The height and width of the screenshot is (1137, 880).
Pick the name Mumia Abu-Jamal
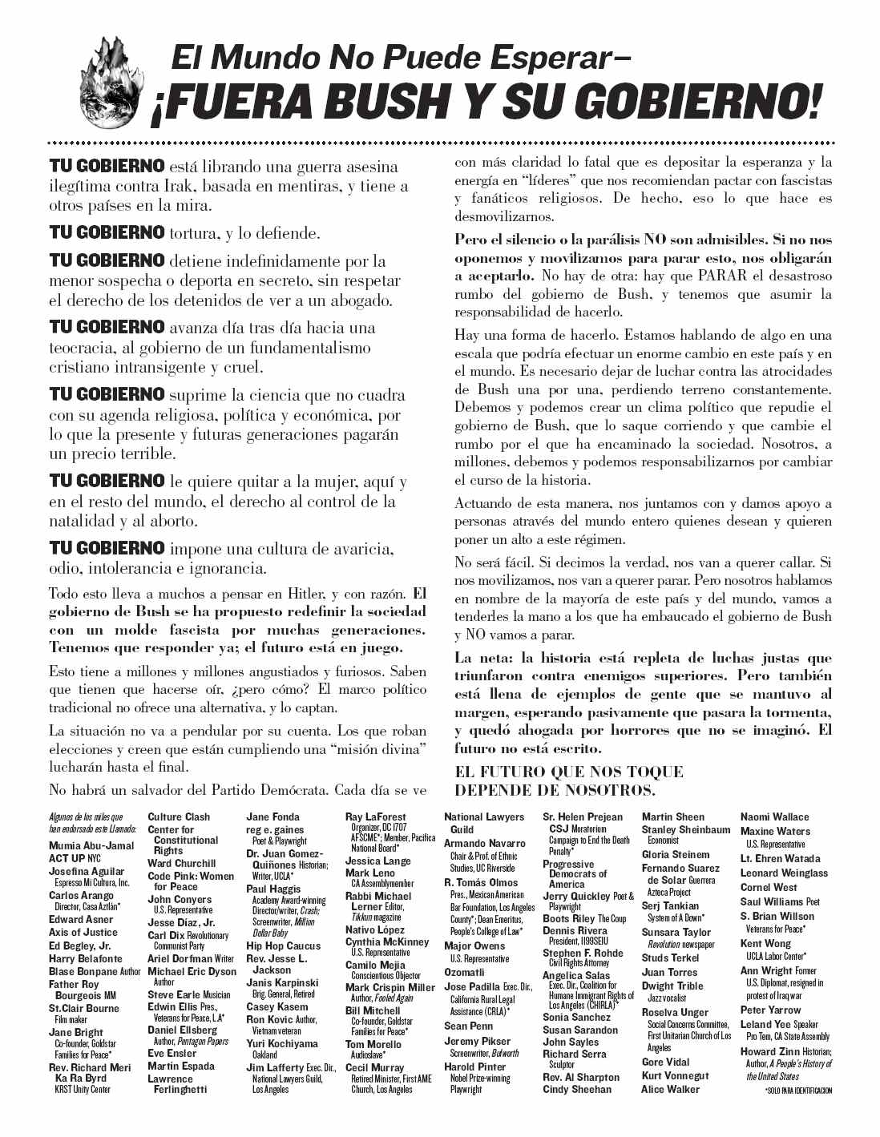[91, 845]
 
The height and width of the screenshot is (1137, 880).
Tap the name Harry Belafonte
[86, 958]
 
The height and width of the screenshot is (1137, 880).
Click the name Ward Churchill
[182, 863]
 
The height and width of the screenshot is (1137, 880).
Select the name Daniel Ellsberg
[183, 1030]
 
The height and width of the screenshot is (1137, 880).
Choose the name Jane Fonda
[272, 816]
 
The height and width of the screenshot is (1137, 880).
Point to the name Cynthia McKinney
[387, 941]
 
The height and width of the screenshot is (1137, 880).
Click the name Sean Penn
[468, 1026]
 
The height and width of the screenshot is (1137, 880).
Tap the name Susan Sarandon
[580, 1030]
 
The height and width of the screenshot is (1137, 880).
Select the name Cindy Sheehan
[577, 1089]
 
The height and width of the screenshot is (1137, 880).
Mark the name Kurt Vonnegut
[675, 1075]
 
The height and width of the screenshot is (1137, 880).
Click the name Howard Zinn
[770, 1051]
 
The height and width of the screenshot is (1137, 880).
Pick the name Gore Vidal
[665, 1062]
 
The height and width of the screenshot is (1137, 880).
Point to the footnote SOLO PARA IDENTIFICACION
[798, 1091]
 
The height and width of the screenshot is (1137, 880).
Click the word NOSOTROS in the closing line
[602, 790]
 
